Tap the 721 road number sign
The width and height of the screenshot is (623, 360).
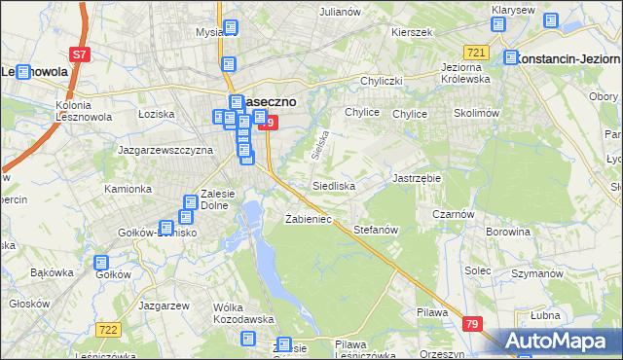pyautogui.click(x=476, y=52)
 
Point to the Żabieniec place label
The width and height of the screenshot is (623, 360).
pyautogui.click(x=308, y=219)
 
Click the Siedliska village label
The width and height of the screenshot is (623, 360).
pyautogui.click(x=333, y=185)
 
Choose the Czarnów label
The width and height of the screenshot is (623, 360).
pyautogui.click(x=454, y=215)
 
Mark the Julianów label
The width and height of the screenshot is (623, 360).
pyautogui.click(x=341, y=12)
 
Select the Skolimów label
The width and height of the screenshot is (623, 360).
pyautogui.click(x=476, y=114)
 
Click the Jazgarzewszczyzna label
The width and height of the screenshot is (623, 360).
pyautogui.click(x=165, y=151)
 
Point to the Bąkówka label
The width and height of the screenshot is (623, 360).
pyautogui.click(x=53, y=272)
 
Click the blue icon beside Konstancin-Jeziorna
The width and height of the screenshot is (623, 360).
pyautogui.click(x=511, y=58)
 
